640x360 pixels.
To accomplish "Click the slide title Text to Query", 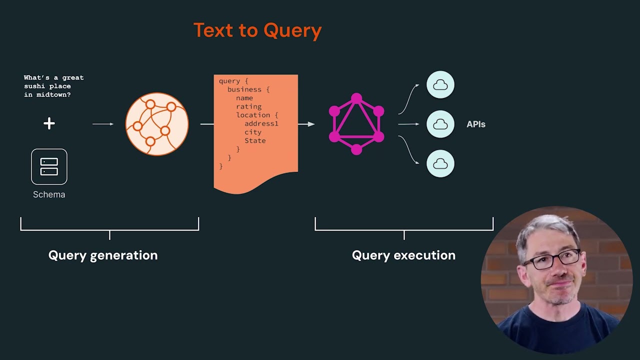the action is (257, 30).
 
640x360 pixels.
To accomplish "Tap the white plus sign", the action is (49, 123).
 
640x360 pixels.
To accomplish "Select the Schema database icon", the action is (49, 166).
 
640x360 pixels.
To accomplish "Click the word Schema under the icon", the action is (49, 194).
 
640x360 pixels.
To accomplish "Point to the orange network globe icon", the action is (157, 123).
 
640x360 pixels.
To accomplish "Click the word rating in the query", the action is (248, 106).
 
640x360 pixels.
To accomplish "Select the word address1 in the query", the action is (261, 123).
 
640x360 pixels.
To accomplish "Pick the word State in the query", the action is (255, 140).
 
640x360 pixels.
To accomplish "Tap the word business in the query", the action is (244, 89).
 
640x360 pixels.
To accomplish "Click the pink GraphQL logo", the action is (356, 124).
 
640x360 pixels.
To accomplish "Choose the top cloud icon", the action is (440, 85).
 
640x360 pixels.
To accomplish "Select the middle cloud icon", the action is (440, 124).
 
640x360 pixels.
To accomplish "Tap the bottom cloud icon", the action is (440, 163).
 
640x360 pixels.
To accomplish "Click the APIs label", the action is (476, 124).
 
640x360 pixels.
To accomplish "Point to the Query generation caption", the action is (103, 255).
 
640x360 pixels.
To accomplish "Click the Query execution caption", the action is (403, 255).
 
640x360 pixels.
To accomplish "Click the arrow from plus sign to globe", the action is (103, 124).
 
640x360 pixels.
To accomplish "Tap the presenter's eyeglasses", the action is (552, 259).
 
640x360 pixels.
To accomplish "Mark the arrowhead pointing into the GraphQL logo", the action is (311, 124).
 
